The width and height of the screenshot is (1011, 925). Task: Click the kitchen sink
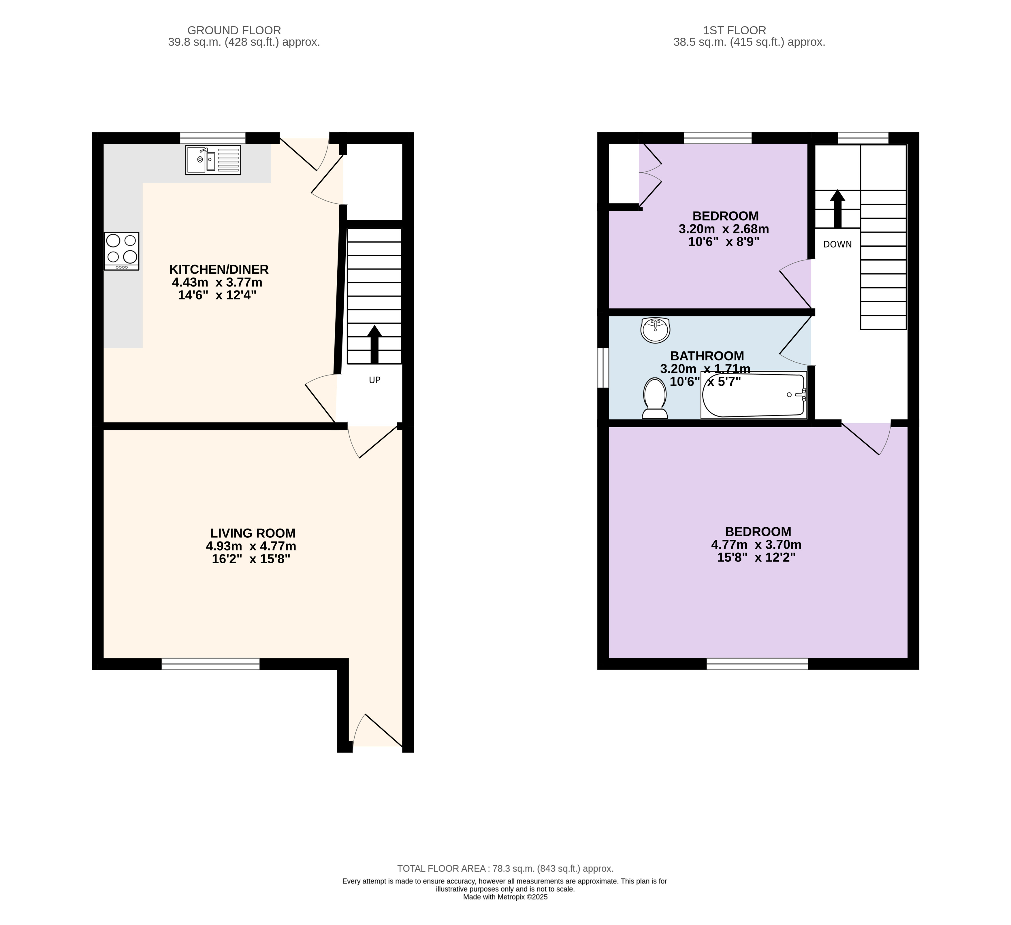[x=213, y=160]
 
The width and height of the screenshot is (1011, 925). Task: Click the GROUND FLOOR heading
[x=234, y=31]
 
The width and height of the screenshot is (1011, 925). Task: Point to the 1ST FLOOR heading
[x=735, y=31]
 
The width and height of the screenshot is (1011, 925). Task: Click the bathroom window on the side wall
[x=603, y=368]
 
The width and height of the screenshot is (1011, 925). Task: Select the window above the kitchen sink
[x=213, y=138]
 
